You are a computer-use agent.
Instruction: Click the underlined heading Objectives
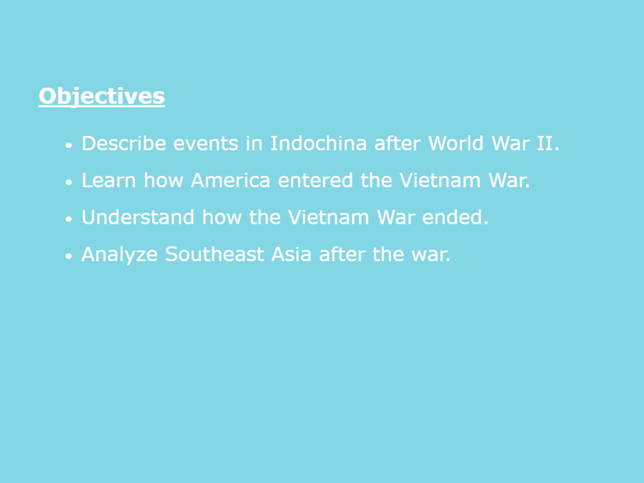point(101,97)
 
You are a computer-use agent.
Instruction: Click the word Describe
point(123,143)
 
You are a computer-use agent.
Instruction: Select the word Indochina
point(318,143)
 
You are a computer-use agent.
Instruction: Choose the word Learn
point(109,180)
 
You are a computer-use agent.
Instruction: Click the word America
point(230,180)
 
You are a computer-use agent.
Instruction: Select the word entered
point(315,181)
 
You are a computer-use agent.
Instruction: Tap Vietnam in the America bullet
point(440,180)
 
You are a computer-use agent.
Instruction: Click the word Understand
point(138,217)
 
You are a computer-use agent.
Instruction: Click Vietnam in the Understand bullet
point(328,217)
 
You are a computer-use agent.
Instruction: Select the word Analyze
point(119,255)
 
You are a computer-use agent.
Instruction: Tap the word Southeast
point(215,254)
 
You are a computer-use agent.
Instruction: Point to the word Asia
point(291,254)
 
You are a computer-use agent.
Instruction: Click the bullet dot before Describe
point(69,145)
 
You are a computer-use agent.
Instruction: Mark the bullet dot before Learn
point(69,182)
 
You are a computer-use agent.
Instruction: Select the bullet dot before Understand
point(69,219)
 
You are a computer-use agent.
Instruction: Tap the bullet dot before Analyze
point(69,256)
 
